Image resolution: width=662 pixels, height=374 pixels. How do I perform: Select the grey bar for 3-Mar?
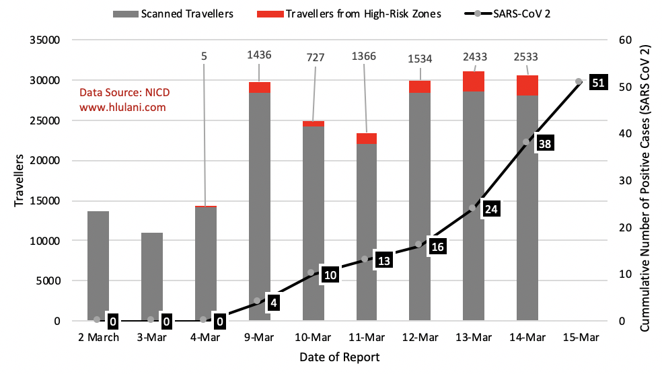tap(152, 276)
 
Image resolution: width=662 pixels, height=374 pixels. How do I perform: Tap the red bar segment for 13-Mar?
tap(474, 81)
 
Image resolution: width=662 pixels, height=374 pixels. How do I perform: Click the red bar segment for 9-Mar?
tap(260, 87)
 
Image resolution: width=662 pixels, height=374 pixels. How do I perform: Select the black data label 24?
tap(490, 209)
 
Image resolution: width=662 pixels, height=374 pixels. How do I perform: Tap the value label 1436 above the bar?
tap(260, 54)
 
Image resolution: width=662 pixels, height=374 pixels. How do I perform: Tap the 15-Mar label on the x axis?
tap(581, 337)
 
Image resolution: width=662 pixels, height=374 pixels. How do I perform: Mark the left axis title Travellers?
tap(19, 180)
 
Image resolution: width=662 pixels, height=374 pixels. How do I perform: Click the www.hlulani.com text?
tap(122, 106)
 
